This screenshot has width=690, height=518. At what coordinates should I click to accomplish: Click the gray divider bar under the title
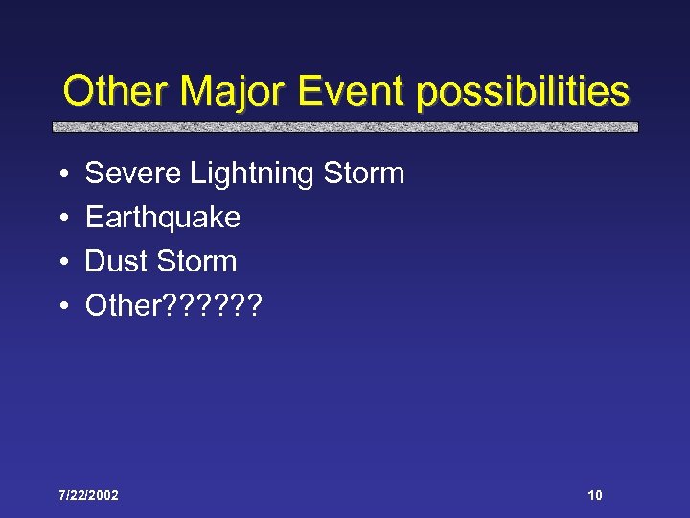pos(345,127)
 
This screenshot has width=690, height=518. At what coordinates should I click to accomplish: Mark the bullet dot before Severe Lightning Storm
pos(61,175)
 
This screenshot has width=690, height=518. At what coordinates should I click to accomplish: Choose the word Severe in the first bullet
pos(134,174)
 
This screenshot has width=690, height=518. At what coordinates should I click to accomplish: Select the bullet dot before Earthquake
pos(61,219)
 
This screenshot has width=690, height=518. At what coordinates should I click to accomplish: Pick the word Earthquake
pos(163,219)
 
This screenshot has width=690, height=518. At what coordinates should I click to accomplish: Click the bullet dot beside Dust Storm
pos(61,262)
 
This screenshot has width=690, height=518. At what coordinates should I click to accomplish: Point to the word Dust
pos(116,261)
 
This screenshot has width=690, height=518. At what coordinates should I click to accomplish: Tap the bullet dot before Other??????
pos(61,306)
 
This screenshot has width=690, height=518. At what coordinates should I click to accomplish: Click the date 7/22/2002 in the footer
pos(88,495)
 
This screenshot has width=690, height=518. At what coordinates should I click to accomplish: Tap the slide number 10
pos(595,495)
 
